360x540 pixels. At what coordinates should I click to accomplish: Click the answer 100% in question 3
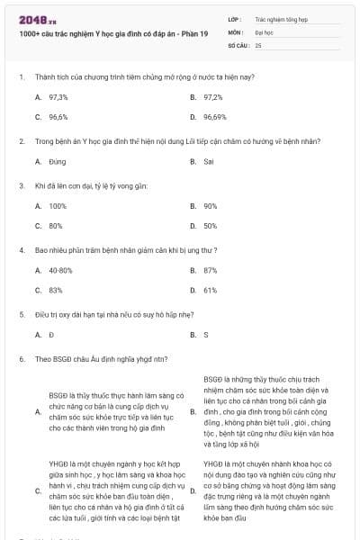tap(58, 205)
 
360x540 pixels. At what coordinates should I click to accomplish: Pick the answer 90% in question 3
tap(211, 205)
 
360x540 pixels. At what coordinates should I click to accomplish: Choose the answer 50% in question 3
tap(211, 226)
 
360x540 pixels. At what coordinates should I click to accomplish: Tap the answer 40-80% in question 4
tap(60, 270)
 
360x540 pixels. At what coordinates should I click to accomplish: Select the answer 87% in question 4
tap(211, 270)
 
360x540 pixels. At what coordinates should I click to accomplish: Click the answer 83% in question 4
tap(56, 290)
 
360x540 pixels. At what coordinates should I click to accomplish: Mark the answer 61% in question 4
tap(211, 290)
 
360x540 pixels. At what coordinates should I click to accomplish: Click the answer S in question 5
tap(206, 334)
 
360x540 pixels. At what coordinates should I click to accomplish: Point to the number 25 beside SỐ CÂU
tap(258, 44)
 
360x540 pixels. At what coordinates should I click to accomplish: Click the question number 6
tap(21, 358)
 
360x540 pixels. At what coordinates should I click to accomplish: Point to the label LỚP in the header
tap(234, 18)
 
